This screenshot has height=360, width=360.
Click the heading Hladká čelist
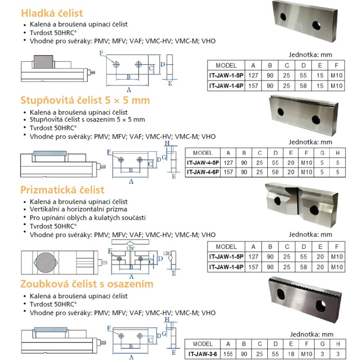pyautogui.click(x=53, y=13)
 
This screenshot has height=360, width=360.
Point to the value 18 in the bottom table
pyautogui.click(x=291, y=355)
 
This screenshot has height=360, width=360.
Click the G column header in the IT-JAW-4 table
pyautogui.click(x=322, y=153)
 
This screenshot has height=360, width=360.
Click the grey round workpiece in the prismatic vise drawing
pyautogui.click(x=44, y=263)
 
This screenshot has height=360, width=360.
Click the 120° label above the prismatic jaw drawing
pyautogui.click(x=130, y=247)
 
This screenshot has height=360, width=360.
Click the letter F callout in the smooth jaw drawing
pyautogui.click(x=101, y=54)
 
